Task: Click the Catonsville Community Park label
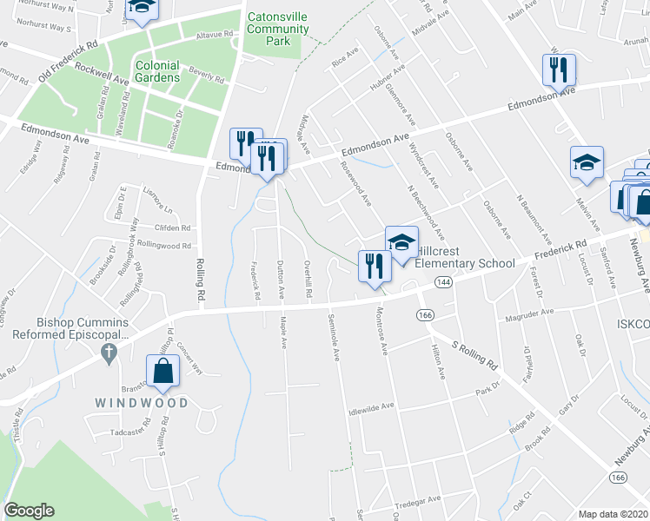(x=277, y=29)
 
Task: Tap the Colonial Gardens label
(x=157, y=71)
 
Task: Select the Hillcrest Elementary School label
(x=465, y=257)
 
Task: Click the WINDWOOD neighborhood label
(x=142, y=403)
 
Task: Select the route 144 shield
(x=443, y=282)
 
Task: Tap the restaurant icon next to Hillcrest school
(x=375, y=267)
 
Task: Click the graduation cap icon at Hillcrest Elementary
(x=401, y=242)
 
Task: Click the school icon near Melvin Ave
(x=587, y=162)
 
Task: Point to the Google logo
(x=29, y=511)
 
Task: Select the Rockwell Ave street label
(x=102, y=73)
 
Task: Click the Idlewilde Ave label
(x=371, y=406)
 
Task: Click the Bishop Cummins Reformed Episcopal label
(x=65, y=326)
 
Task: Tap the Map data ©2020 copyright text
(x=614, y=513)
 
